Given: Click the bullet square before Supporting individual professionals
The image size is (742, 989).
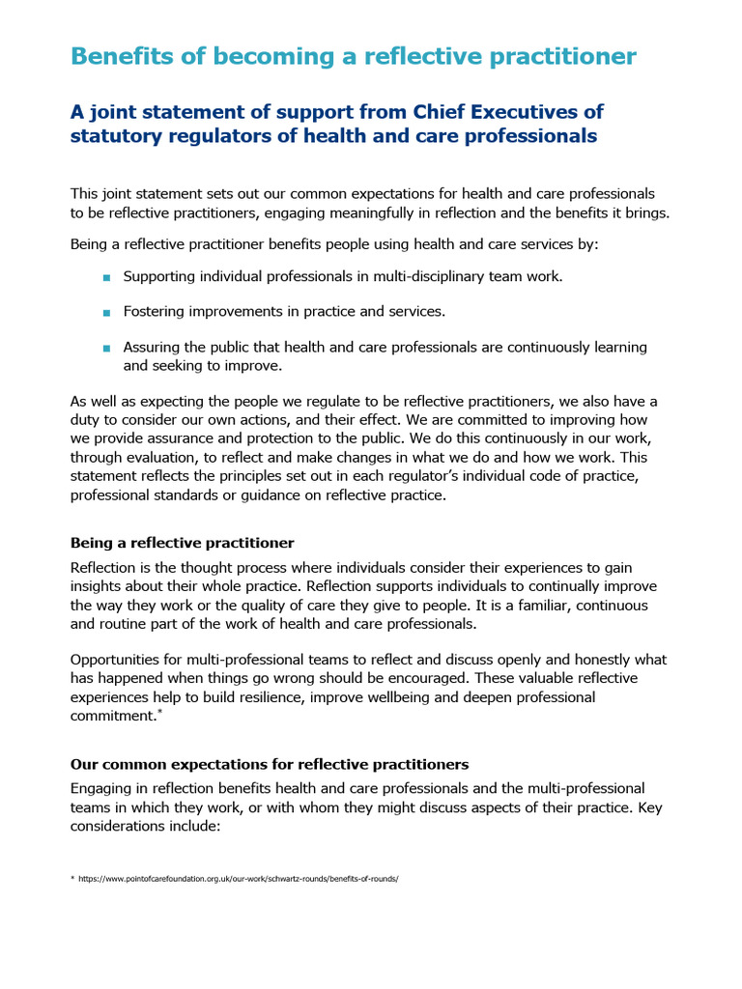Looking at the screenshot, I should (x=106, y=278).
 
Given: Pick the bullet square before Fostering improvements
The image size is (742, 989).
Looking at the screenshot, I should (x=106, y=313).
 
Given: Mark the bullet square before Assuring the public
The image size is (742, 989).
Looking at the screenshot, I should (x=106, y=348).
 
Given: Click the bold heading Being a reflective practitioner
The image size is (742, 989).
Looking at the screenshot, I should (x=182, y=543).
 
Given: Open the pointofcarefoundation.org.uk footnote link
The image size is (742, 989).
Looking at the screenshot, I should (x=239, y=880).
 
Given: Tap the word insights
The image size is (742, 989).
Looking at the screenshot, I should (x=97, y=586).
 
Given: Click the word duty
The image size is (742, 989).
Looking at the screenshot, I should (x=86, y=420).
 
